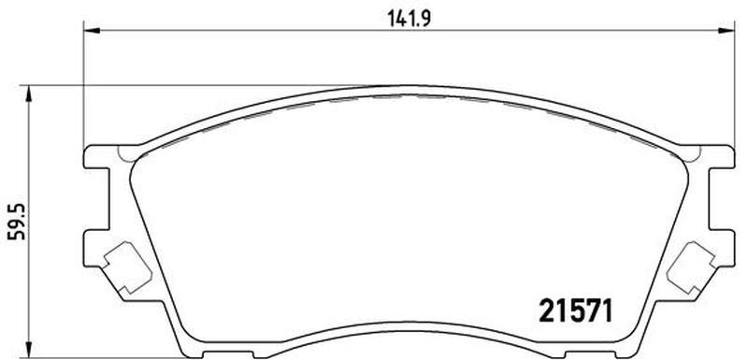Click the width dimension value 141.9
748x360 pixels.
(x=409, y=19)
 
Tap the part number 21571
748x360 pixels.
(x=575, y=311)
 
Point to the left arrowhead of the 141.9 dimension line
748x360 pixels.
(x=92, y=31)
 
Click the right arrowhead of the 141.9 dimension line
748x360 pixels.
(x=726, y=31)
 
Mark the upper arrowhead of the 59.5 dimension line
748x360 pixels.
(x=30, y=94)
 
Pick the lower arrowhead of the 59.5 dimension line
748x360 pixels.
(x=30, y=351)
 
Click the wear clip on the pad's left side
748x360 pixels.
(x=127, y=267)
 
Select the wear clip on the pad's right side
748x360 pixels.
(x=691, y=267)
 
